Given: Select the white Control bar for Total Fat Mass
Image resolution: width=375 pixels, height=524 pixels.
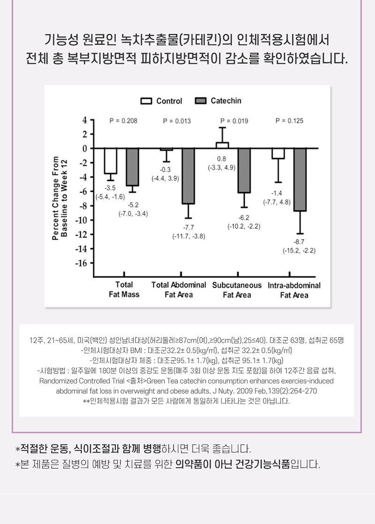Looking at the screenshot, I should (111, 160).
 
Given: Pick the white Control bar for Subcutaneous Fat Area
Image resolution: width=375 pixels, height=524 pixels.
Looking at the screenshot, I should (222, 145).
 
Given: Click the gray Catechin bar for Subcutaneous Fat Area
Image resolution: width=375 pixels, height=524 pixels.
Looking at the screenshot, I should (244, 170).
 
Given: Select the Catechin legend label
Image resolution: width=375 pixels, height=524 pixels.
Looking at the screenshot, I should (226, 101).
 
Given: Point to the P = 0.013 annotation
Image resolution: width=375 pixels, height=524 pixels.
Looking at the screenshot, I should (177, 121).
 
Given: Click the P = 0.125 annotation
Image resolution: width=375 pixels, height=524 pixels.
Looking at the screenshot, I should (289, 121).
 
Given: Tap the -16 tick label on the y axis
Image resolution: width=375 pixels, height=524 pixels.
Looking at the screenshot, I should (82, 263).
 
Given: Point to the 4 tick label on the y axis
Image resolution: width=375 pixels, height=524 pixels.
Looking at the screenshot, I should (85, 120).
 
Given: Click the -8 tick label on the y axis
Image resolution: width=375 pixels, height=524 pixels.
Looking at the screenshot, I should (83, 206).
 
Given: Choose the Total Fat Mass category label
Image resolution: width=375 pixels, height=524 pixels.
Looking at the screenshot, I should (124, 290).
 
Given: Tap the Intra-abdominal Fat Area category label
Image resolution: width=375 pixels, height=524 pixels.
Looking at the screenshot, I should (294, 290).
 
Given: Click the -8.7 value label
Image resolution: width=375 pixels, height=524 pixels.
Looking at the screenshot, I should (299, 241).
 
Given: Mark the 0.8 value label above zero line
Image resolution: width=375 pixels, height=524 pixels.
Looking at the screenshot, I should (221, 159).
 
